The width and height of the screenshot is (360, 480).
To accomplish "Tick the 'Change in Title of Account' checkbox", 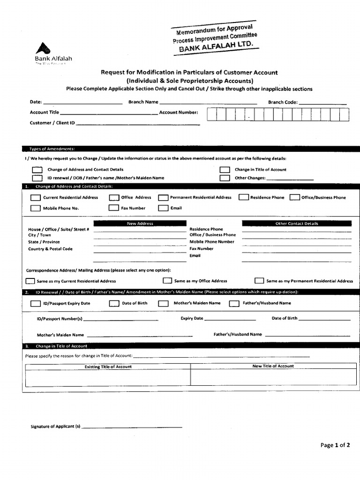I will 225,170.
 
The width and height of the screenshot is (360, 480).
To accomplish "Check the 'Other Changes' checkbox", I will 225,178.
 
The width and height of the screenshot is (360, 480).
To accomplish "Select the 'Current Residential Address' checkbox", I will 35,197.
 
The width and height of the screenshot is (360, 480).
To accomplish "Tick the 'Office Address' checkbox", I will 114,197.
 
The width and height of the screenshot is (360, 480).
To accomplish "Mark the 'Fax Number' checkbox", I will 114,208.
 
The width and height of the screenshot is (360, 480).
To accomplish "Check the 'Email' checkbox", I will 163,208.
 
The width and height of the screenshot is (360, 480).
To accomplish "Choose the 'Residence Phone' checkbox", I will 243,197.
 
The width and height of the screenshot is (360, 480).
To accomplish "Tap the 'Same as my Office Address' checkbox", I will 167,281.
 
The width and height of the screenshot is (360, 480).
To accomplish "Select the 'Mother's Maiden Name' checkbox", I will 163,303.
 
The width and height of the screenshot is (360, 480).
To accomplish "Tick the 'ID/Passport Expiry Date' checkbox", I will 35,303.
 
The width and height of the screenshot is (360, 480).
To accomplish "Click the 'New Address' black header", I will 140,224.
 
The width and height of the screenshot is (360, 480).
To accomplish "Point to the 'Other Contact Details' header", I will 296,224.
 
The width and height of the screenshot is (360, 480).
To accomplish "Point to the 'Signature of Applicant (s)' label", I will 55,427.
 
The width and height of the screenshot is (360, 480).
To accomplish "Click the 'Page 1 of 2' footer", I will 335,445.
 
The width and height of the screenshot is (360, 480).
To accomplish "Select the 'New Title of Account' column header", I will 273,366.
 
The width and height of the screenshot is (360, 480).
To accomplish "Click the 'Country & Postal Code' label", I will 50,249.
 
